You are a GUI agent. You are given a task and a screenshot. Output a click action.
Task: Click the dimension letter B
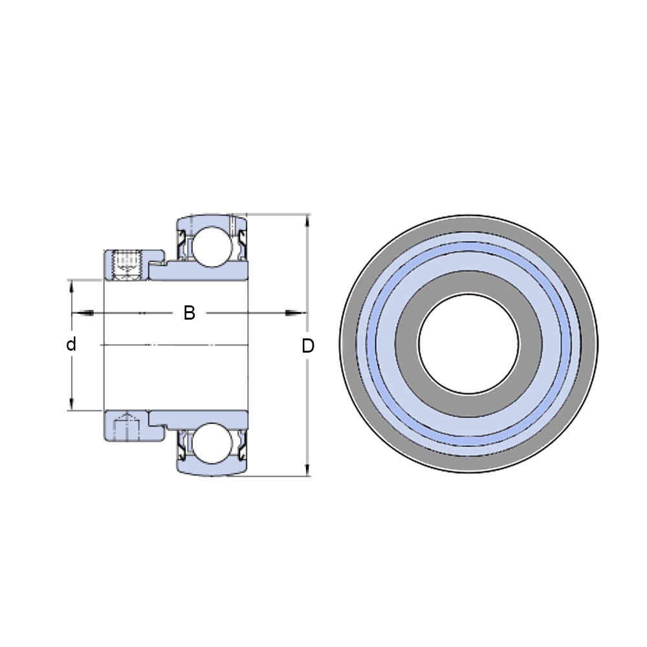pyautogui.click(x=189, y=313)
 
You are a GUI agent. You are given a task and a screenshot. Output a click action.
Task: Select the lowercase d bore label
pyautogui.click(x=71, y=344)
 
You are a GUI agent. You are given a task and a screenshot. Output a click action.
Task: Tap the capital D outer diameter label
pyautogui.click(x=308, y=345)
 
